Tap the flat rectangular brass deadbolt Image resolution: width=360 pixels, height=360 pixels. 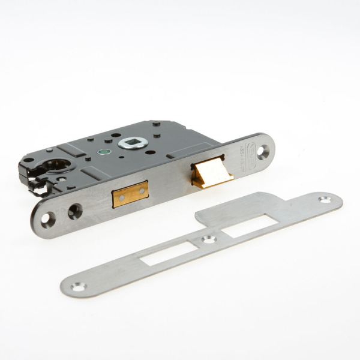tap(130, 194)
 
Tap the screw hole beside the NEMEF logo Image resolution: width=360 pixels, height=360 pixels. tap(262, 152)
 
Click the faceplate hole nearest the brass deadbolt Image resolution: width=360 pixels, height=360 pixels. tap(74, 211)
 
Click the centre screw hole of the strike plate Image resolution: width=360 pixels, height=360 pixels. tap(208, 239)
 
